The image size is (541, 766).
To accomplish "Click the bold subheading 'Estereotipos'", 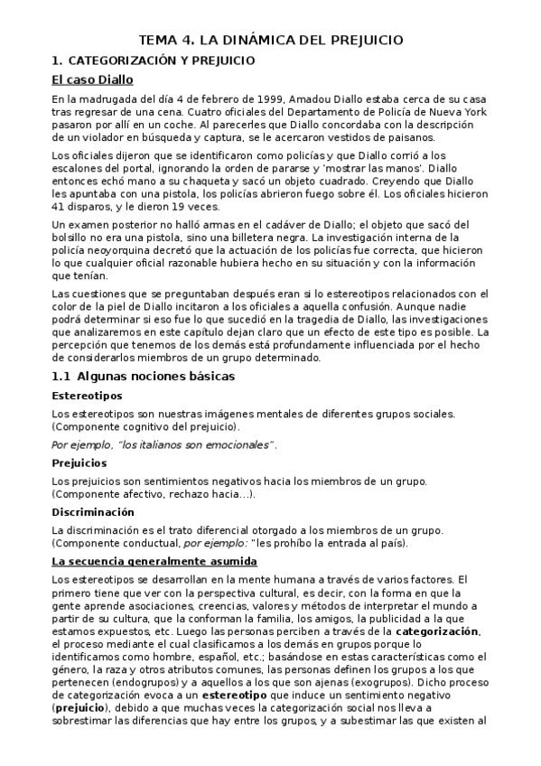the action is [88, 396].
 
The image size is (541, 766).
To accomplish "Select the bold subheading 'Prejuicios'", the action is [79, 462].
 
